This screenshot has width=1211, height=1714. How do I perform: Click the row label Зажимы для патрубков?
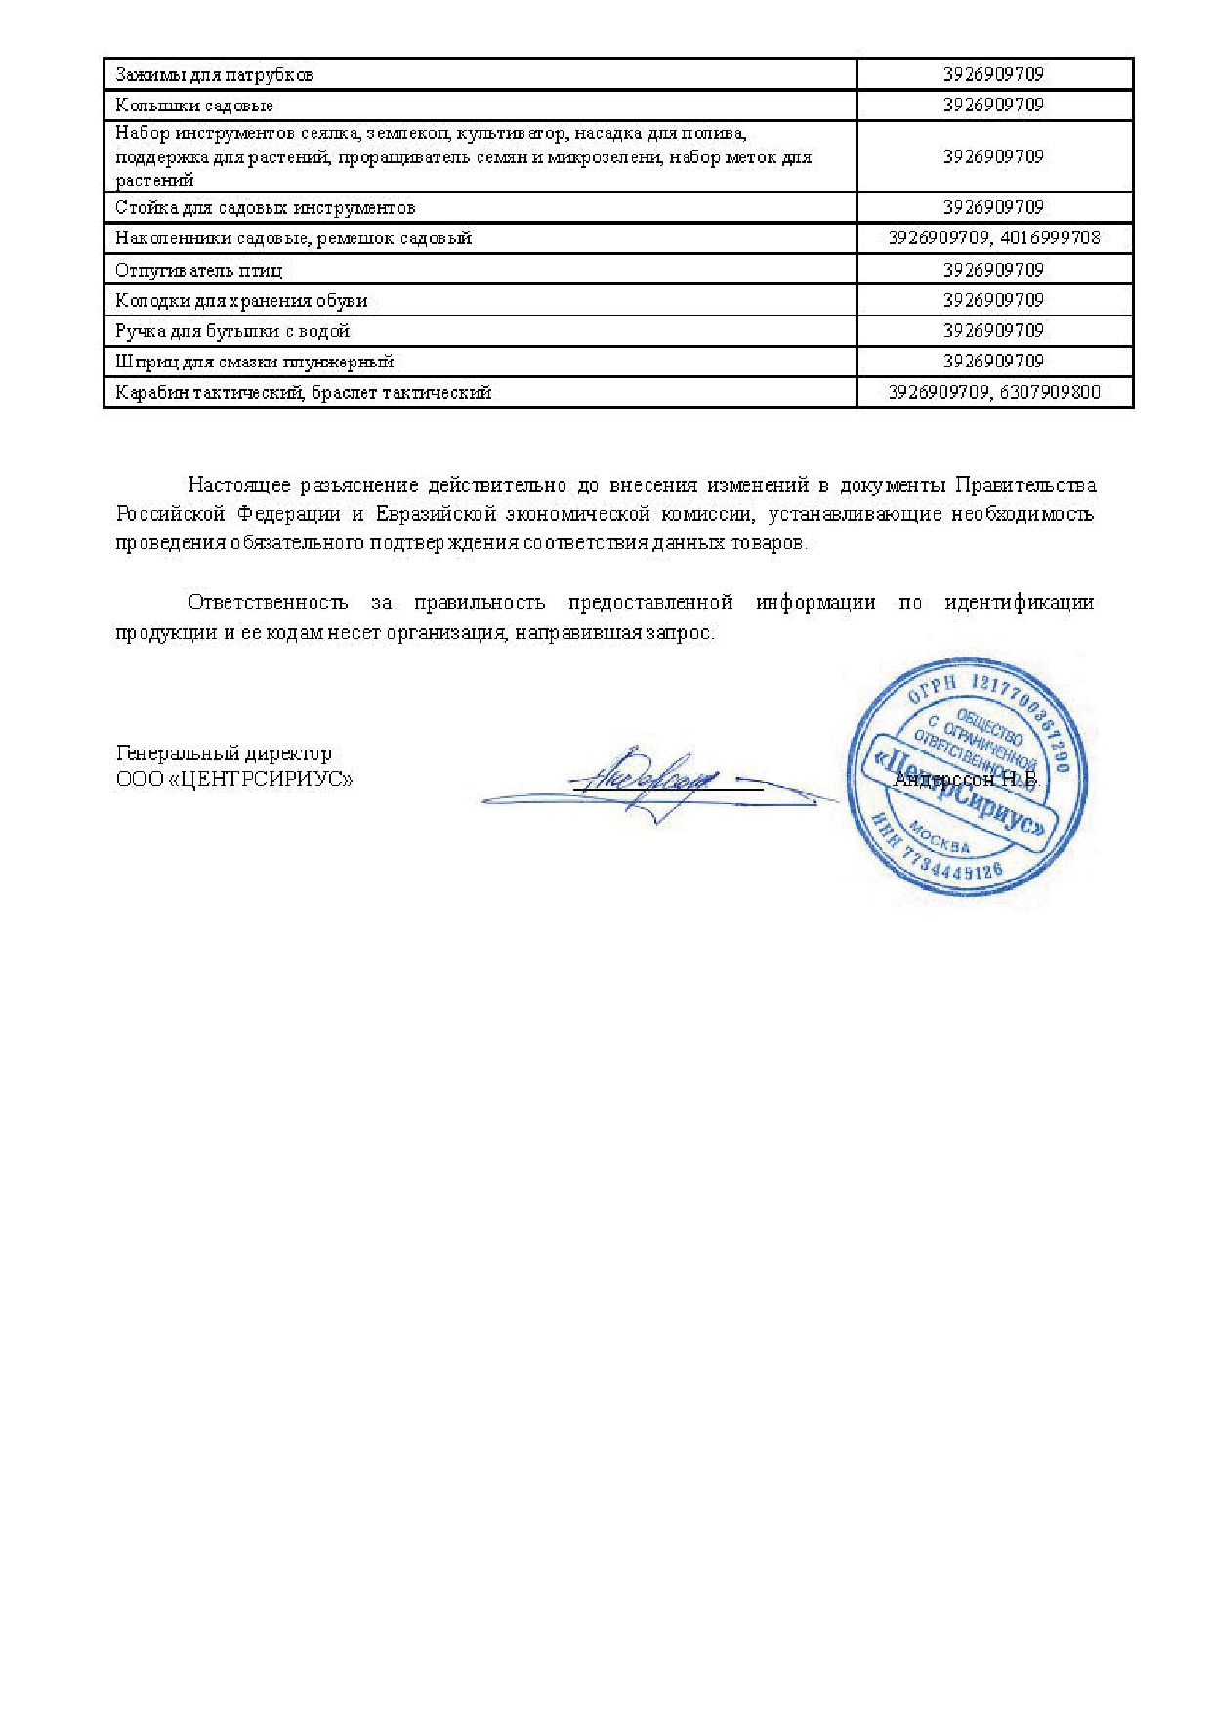214,75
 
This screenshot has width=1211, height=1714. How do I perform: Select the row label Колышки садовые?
194,106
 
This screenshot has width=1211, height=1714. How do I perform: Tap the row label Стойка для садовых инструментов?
265,208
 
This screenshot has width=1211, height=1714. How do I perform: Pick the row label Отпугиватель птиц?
199,270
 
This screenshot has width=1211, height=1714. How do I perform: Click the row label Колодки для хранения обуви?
241,301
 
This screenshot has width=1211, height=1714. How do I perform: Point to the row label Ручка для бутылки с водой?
232,331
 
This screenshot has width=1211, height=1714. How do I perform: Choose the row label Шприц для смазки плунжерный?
255,362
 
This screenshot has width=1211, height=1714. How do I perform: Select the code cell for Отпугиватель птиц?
994,270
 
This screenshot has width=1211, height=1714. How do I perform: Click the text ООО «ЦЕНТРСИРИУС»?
234,780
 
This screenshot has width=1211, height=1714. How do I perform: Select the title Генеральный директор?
224,753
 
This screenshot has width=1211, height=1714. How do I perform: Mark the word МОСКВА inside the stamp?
940,838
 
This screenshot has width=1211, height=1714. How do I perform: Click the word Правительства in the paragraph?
1025,485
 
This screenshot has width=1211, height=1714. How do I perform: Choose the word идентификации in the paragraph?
1019,603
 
